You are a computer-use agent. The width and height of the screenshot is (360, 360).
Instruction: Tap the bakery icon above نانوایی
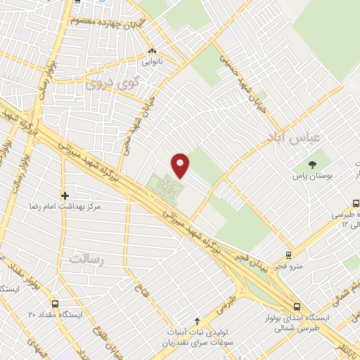(x=153, y=51)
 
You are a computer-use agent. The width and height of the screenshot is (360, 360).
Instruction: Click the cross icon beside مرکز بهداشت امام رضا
(x=65, y=195)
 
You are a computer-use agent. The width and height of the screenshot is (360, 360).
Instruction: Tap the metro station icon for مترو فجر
(x=288, y=255)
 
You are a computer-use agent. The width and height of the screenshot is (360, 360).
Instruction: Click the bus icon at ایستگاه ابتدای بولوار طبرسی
(x=299, y=306)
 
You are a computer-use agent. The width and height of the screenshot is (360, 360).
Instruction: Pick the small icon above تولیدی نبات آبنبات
(x=197, y=320)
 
